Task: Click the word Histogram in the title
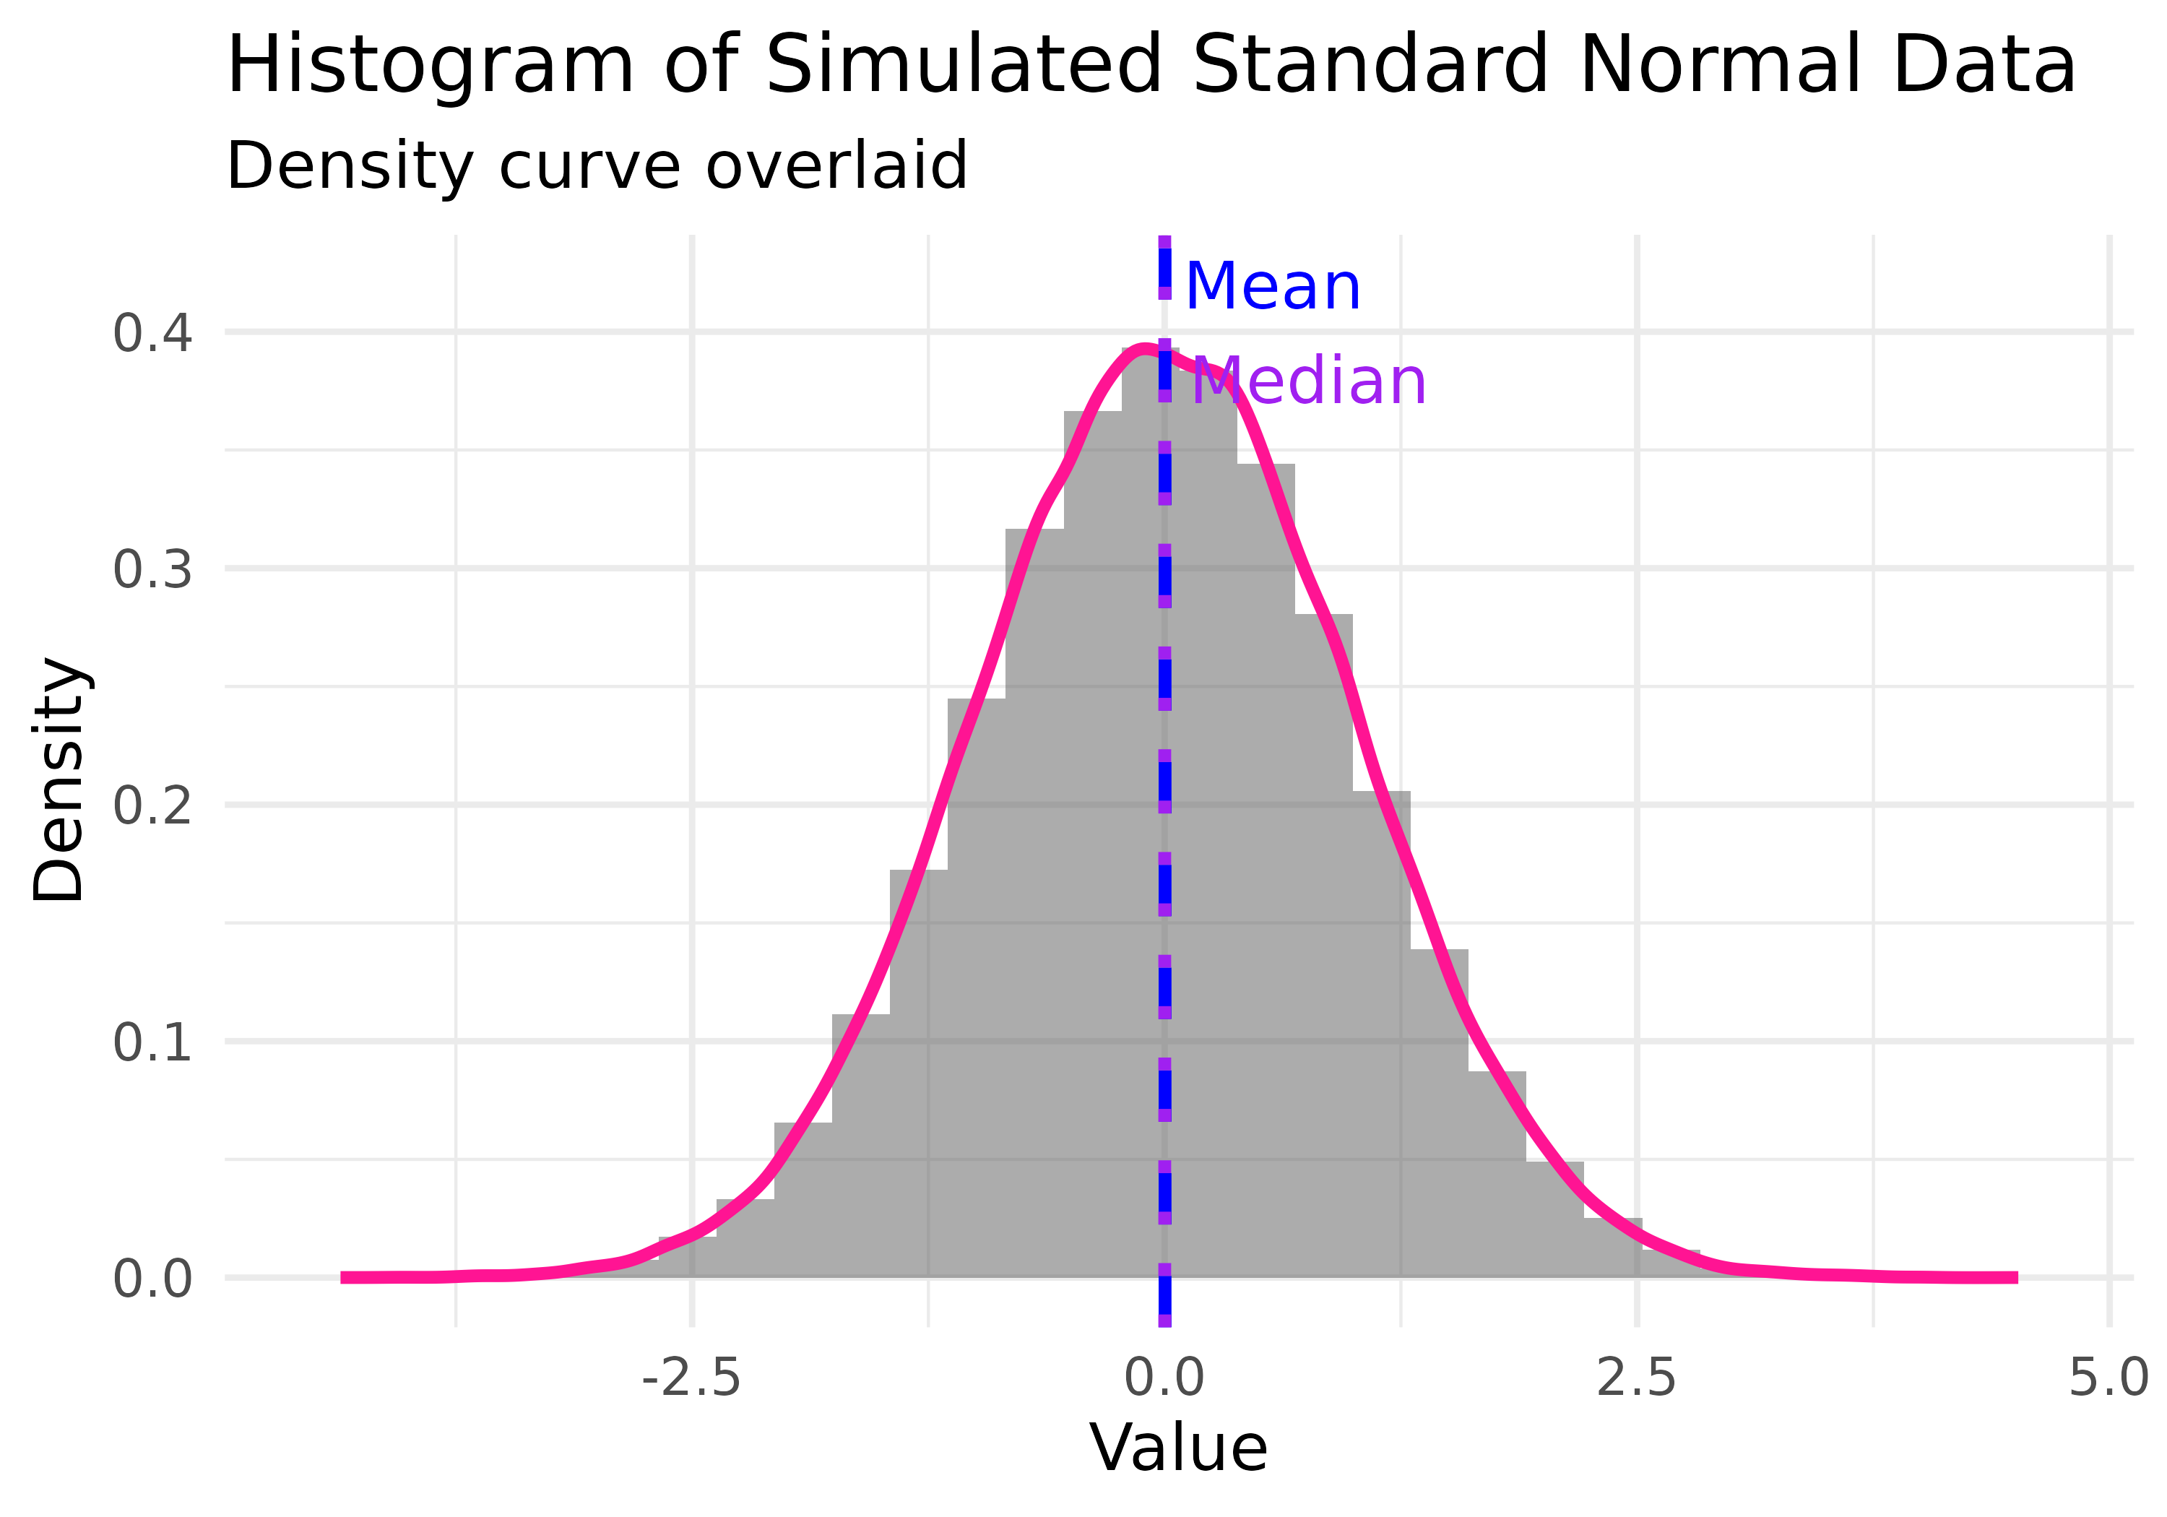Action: (x=431, y=66)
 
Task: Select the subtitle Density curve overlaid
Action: (x=597, y=166)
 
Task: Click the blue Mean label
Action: (x=1272, y=286)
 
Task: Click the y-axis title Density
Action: (x=59, y=779)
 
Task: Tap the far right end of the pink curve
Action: (x=2016, y=1277)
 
